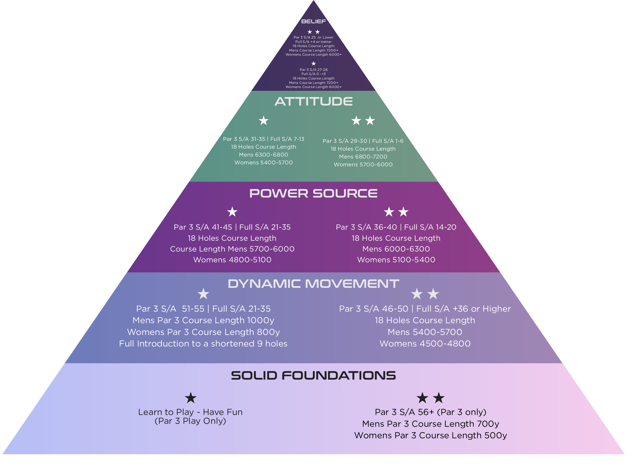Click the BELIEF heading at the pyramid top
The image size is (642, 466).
point(313,22)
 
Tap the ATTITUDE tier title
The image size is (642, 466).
point(313,101)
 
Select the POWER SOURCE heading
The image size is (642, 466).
point(313,193)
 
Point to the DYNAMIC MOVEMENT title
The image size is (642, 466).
point(313,284)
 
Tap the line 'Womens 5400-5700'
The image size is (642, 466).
point(263,162)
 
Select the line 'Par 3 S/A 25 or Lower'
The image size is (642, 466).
point(313,37)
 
